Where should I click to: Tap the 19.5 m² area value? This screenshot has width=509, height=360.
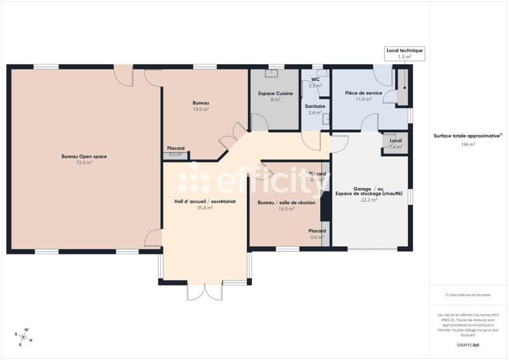pyautogui.click(x=201, y=109)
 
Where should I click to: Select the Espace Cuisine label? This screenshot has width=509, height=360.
pyautogui.click(x=275, y=93)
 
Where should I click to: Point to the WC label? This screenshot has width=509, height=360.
pyautogui.click(x=315, y=80)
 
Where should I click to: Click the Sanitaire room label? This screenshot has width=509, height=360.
pyautogui.click(x=315, y=106)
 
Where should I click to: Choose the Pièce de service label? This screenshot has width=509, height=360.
pyautogui.click(x=363, y=93)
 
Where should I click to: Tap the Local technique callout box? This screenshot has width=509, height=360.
pyautogui.click(x=405, y=53)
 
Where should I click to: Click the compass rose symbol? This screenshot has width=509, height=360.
pyautogui.click(x=24, y=336)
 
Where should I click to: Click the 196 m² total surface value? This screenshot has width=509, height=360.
pyautogui.click(x=468, y=144)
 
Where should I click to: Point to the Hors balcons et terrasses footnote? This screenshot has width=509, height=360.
pyautogui.click(x=468, y=295)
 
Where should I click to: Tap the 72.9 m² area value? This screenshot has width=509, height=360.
pyautogui.click(x=85, y=163)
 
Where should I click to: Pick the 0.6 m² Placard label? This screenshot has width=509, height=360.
pyautogui.click(x=317, y=234)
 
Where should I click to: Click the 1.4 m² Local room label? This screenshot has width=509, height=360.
pyautogui.click(x=396, y=144)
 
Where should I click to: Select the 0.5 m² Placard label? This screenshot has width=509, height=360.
pyautogui.click(x=176, y=151)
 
